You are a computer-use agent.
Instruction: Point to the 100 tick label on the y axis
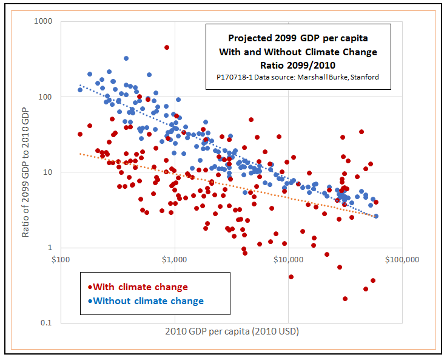pyautogui.click(x=45, y=97)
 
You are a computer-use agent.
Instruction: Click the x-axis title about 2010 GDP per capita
pyautogui.click(x=232, y=331)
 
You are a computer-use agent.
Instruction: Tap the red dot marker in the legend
pyautogui.click(x=90, y=288)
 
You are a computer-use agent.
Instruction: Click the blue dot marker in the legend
pyautogui.click(x=90, y=301)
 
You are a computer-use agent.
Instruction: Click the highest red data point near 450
pyautogui.click(x=167, y=47)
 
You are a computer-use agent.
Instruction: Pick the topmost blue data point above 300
pyautogui.click(x=126, y=59)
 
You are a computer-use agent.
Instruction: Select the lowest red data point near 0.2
pyautogui.click(x=345, y=299)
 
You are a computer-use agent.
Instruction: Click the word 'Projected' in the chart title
pyautogui.click(x=251, y=38)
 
